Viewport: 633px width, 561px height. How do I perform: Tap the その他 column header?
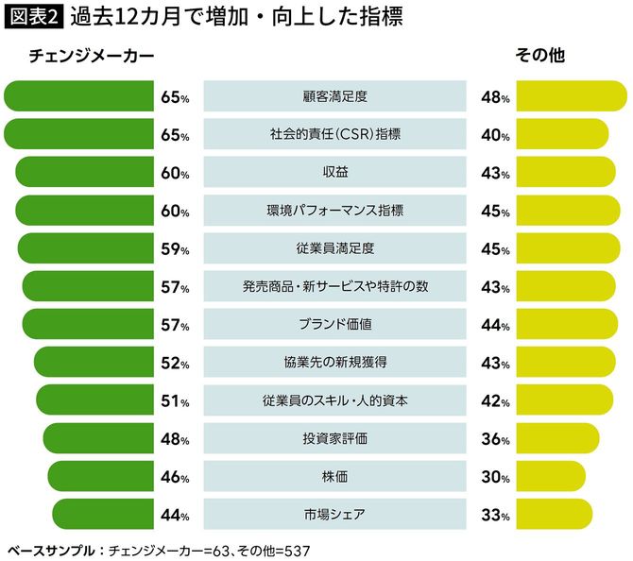(539, 57)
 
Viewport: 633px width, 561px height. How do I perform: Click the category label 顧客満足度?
(335, 96)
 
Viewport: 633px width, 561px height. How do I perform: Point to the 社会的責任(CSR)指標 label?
(335, 134)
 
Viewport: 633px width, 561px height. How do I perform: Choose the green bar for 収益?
(85, 173)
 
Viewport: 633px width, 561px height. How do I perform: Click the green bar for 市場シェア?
(103, 515)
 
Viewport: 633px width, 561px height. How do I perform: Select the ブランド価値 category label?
(335, 325)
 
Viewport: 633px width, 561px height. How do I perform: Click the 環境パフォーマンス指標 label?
(335, 211)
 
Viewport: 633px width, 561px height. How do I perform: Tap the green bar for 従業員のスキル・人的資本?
(95, 400)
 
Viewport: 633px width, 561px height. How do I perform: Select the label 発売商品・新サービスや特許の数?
(335, 287)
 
